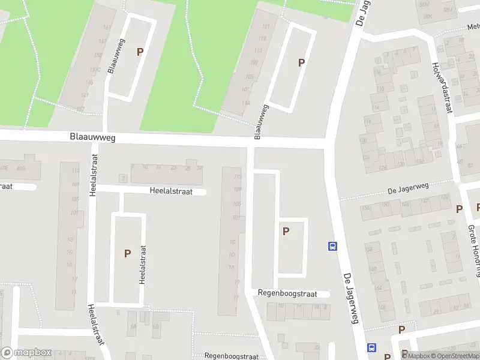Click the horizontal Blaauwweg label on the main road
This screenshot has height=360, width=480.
click(92, 138)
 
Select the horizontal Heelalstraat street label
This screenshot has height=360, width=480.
click(171, 191)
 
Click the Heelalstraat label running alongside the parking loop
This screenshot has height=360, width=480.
click(143, 268)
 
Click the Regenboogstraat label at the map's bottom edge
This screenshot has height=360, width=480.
click(231, 356)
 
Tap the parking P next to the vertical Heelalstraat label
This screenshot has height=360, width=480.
click(127, 254)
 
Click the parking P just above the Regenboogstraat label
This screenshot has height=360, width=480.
click(286, 231)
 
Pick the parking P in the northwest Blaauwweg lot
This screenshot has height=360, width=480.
click(140, 52)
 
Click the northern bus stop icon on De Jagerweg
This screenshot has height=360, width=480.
click(332, 245)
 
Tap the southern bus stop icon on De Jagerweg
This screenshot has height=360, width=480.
click(372, 347)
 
